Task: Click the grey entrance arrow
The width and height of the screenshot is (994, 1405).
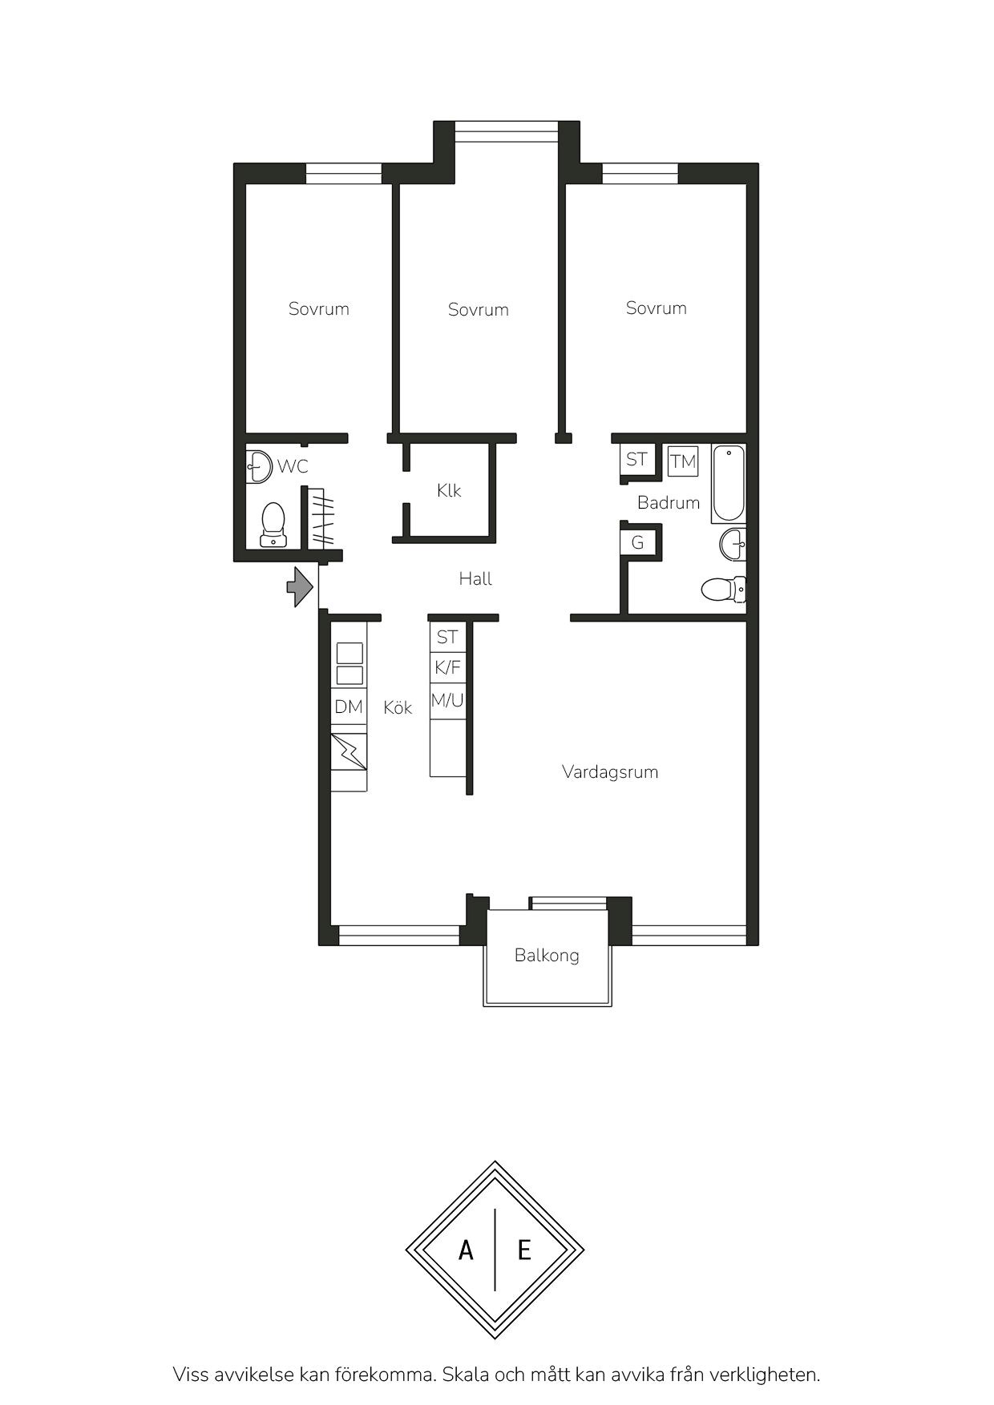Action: click(x=300, y=586)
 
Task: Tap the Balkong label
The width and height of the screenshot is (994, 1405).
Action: click(x=547, y=956)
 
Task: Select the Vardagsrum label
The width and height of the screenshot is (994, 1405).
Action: click(x=610, y=772)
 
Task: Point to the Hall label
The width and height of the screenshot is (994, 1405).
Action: click(x=475, y=578)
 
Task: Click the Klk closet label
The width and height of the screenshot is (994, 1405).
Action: click(x=449, y=490)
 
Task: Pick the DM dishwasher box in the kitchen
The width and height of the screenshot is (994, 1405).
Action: click(x=350, y=707)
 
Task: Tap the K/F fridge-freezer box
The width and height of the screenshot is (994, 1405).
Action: click(x=447, y=667)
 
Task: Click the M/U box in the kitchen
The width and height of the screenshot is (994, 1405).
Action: click(x=447, y=701)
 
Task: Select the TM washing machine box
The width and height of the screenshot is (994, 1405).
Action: click(x=683, y=461)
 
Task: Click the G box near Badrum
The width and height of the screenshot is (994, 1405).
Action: click(x=638, y=542)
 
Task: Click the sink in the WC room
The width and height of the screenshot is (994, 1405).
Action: click(x=258, y=465)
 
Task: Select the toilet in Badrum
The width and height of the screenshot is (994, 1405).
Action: click(x=723, y=590)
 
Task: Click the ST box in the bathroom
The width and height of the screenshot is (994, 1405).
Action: click(x=636, y=460)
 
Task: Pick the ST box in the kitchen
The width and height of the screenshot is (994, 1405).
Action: click(x=447, y=637)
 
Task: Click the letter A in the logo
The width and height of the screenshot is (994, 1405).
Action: click(x=466, y=1250)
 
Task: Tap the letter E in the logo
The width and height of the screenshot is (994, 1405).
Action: click(x=524, y=1250)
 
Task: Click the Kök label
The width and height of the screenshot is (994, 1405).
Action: click(x=398, y=707)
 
